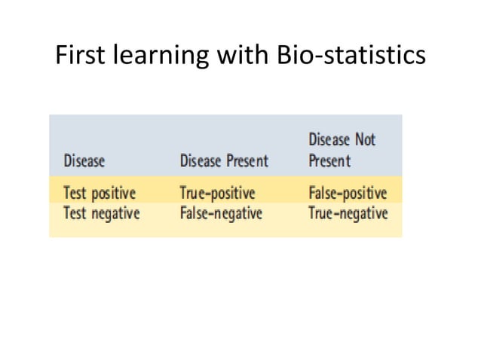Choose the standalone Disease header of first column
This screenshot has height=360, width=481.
(x=84, y=161)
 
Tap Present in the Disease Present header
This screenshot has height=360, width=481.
(x=247, y=161)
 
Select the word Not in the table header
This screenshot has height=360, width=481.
(x=363, y=140)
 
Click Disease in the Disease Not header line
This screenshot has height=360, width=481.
(x=329, y=140)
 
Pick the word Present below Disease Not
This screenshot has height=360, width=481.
(x=329, y=161)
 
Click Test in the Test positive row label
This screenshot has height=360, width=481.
(x=75, y=193)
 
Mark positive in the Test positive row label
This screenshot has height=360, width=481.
(x=113, y=193)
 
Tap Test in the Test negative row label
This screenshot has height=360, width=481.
(x=75, y=213)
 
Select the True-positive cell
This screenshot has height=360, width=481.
(x=218, y=193)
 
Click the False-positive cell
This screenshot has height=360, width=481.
(x=348, y=193)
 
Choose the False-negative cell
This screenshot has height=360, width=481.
(x=221, y=213)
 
